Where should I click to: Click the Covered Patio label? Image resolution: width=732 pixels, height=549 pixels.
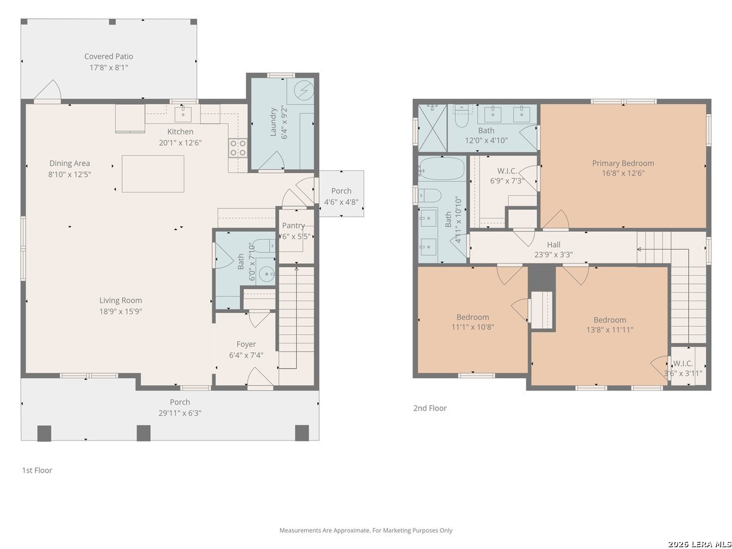tap(109, 56)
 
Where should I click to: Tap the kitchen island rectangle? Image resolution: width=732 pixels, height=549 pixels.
tap(152, 174)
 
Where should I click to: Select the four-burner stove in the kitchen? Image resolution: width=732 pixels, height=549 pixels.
tap(238, 148)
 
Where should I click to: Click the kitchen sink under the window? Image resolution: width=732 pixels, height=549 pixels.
tap(183, 114)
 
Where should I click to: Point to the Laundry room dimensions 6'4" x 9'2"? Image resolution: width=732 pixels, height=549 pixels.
tap(284, 122)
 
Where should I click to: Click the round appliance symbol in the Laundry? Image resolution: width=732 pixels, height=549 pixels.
tap(304, 90)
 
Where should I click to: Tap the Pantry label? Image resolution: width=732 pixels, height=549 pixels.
tap(293, 225)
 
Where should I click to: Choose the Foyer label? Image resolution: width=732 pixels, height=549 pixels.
tap(246, 344)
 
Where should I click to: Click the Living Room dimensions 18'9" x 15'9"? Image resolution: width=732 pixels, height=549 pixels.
tap(121, 311)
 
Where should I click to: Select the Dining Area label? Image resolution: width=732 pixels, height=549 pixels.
tap(70, 163)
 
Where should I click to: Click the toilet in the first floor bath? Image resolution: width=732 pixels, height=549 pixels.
tap(264, 246)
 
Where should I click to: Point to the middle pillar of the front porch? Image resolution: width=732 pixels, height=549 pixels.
tap(144, 433)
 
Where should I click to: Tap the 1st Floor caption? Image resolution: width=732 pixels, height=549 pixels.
tap(37, 470)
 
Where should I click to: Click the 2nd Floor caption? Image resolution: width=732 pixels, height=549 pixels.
tap(430, 408)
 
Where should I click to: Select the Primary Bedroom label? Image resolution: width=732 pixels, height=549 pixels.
tap(623, 163)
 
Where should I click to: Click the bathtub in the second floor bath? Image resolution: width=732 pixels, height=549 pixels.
tap(442, 168)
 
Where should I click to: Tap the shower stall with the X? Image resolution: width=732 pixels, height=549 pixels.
tap(432, 128)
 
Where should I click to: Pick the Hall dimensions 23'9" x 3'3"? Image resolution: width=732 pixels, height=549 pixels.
tap(554, 254)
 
